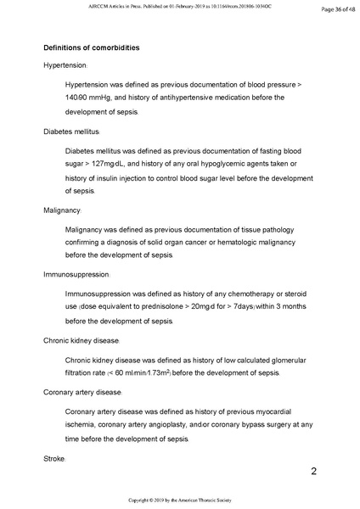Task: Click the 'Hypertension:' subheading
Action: (x=70, y=65)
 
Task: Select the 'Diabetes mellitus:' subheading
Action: (x=72, y=131)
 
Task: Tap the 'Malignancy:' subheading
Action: (x=62, y=210)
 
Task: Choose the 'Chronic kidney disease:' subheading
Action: (x=83, y=341)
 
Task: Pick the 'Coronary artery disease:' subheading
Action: (x=82, y=393)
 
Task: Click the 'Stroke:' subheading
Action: (x=54, y=458)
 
